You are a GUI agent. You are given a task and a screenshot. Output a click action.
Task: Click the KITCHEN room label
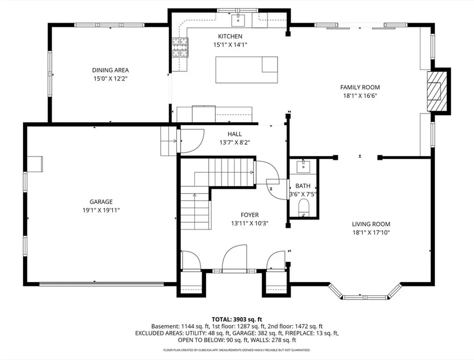tap(230, 36)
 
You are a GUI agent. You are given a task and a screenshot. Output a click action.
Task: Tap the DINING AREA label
tap(111, 70)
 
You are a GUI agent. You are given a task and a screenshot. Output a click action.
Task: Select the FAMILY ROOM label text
tap(360, 87)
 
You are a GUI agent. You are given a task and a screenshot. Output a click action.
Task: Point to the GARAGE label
tap(101, 202)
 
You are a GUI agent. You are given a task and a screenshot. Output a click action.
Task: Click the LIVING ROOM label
tap(371, 224)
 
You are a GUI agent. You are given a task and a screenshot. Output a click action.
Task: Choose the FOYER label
tap(250, 215)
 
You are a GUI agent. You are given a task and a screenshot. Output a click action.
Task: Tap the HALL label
tap(234, 134)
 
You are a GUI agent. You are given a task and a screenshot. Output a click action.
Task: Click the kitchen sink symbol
tap(239, 20)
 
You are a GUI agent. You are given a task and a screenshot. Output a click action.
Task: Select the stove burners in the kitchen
tap(180, 47)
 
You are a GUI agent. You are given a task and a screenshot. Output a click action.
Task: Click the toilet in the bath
tap(303, 207)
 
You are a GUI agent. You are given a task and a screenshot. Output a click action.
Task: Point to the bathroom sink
tap(303, 166)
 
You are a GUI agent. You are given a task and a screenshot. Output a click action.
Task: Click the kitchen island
tap(246, 69)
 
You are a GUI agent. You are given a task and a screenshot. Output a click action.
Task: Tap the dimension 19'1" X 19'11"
tap(101, 210)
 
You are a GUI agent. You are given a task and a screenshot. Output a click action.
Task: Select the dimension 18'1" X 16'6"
tap(360, 96)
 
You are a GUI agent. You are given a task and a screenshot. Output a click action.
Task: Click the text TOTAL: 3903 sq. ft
tap(236, 319)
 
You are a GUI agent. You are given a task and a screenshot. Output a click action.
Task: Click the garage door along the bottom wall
tap(102, 284)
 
